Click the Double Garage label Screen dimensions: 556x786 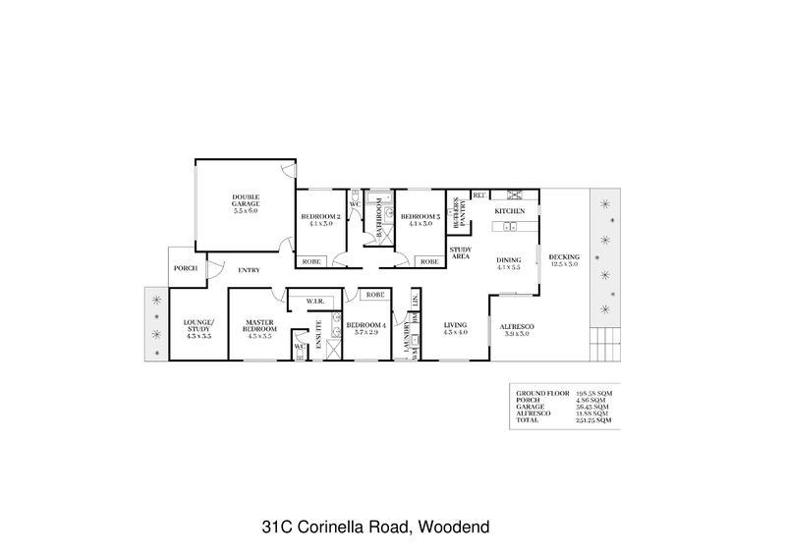(246, 200)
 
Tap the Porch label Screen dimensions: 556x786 (185, 267)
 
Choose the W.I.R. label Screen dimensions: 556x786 (315, 301)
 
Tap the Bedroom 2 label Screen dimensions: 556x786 (320, 217)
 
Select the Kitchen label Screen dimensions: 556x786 (509, 211)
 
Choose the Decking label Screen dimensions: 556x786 (565, 257)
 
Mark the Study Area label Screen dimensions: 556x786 (461, 254)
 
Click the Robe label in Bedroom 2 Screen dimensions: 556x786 (311, 261)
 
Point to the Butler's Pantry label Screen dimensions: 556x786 (457, 212)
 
